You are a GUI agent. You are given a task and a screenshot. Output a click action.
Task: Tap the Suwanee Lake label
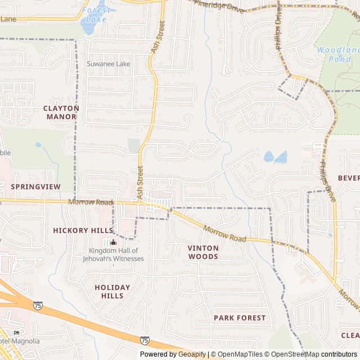tap(108, 64)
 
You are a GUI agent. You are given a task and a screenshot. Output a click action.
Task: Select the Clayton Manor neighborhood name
tap(61, 112)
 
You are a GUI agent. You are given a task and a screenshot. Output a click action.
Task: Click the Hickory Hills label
tap(83, 230)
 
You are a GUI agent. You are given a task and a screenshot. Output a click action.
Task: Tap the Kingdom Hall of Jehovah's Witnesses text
tap(116, 255)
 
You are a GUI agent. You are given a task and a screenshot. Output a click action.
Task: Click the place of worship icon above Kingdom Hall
tap(113, 242)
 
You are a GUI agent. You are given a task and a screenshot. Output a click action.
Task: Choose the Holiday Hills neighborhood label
tap(112, 291)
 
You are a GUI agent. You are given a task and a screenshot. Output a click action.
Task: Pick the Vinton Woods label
tap(202, 252)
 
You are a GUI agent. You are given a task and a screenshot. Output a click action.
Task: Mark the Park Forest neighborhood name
tap(240, 318)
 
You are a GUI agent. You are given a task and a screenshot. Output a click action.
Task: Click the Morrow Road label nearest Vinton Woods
tap(225, 235)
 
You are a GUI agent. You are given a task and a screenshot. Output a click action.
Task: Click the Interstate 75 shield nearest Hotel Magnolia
tap(38, 305)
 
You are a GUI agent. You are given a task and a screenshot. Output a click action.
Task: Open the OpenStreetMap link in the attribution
tap(296, 354)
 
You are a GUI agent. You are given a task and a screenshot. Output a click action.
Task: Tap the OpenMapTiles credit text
tap(239, 354)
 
